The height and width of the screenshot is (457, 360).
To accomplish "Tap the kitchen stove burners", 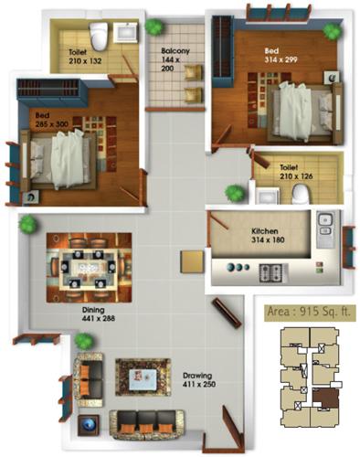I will point(271,271).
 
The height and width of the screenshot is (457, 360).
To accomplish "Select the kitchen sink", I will point(323,225).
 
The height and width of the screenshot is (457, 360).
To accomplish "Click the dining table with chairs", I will point(89,265).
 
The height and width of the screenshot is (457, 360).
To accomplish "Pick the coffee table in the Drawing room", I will point(143,376).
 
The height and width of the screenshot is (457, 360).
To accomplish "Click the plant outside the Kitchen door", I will point(236,193).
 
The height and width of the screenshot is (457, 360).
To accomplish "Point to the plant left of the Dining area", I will point(27,223).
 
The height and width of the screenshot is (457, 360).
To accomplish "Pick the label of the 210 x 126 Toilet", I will point(289,173).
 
